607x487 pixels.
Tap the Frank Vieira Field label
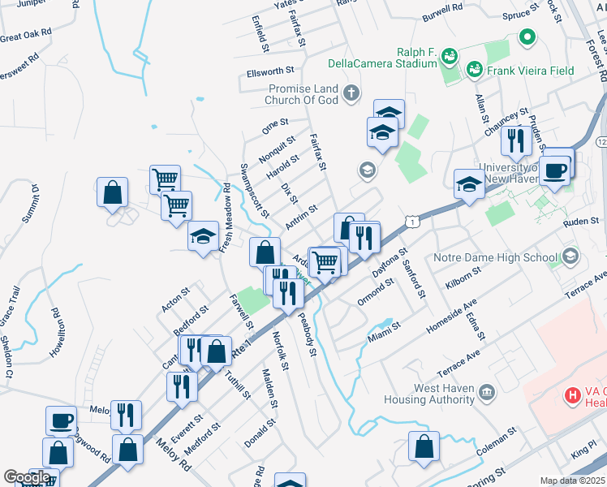point(531,71)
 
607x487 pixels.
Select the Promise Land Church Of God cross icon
point(351,93)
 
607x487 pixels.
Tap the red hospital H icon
point(573,396)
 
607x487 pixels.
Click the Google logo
point(26,477)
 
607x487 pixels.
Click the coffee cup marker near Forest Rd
point(555,171)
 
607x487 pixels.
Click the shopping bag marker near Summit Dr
point(113,192)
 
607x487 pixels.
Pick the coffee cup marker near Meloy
point(61,421)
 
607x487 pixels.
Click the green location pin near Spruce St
point(527,37)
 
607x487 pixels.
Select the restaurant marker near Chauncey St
point(515,141)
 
